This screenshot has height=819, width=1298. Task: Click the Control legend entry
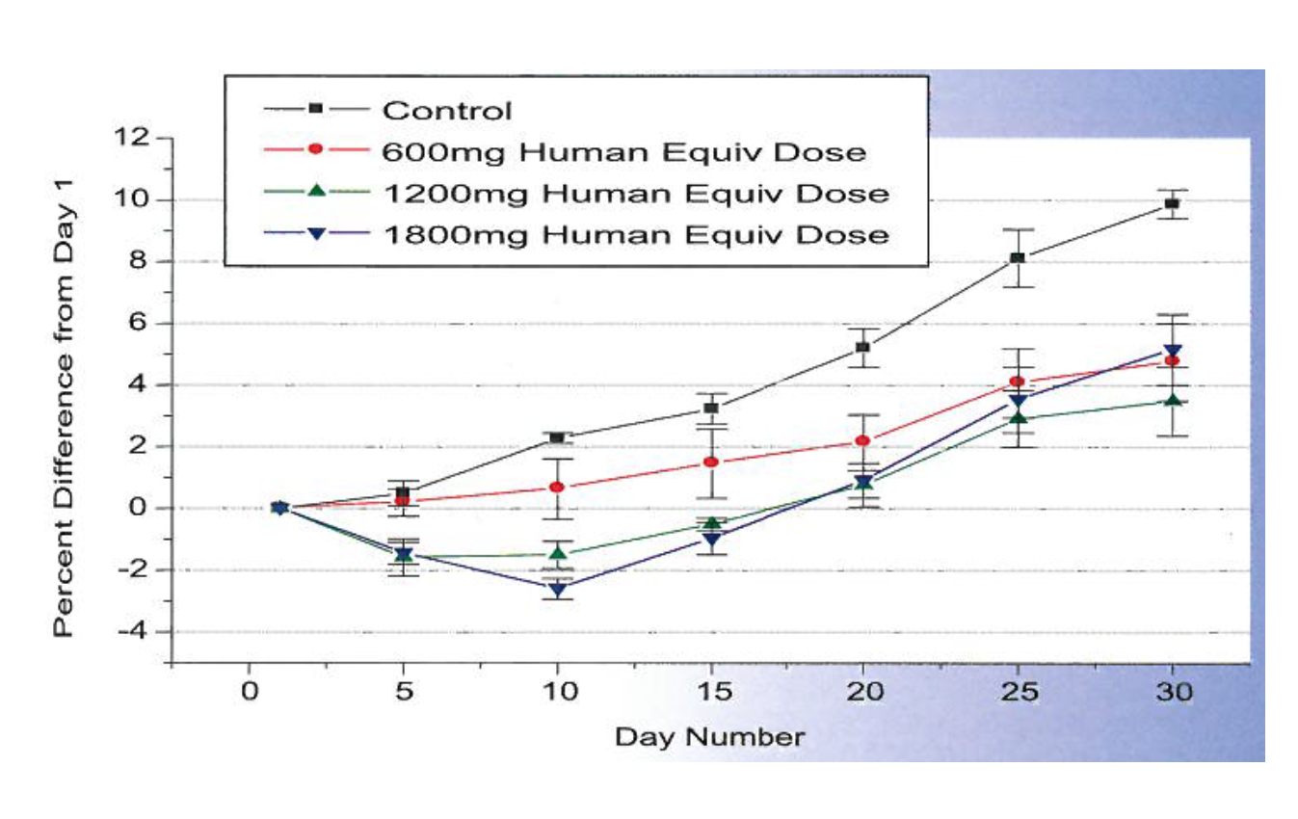coord(447,110)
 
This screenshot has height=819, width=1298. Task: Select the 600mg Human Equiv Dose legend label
coord(623,151)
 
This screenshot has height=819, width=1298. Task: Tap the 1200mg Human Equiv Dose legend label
coord(635,193)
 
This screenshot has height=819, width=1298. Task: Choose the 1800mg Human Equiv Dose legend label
coord(635,234)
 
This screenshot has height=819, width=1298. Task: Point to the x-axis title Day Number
coord(709,738)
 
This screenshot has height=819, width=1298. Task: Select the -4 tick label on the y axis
coord(130,632)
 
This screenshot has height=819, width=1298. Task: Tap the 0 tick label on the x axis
coord(249,693)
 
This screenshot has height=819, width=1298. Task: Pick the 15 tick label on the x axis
coord(709,693)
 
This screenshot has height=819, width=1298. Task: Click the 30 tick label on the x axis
coord(1171,693)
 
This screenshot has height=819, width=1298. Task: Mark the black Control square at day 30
coord(1172,203)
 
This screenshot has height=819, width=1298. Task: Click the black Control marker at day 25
coord(1018,257)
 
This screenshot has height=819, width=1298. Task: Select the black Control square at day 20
coord(863,347)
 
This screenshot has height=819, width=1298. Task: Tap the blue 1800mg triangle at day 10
coord(557,589)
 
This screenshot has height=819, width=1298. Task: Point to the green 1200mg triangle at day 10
coord(557,553)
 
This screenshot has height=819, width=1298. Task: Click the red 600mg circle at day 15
coord(710,462)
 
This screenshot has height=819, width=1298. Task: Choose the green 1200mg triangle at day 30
coord(1172,400)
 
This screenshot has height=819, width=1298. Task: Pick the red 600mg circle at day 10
coord(557,488)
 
